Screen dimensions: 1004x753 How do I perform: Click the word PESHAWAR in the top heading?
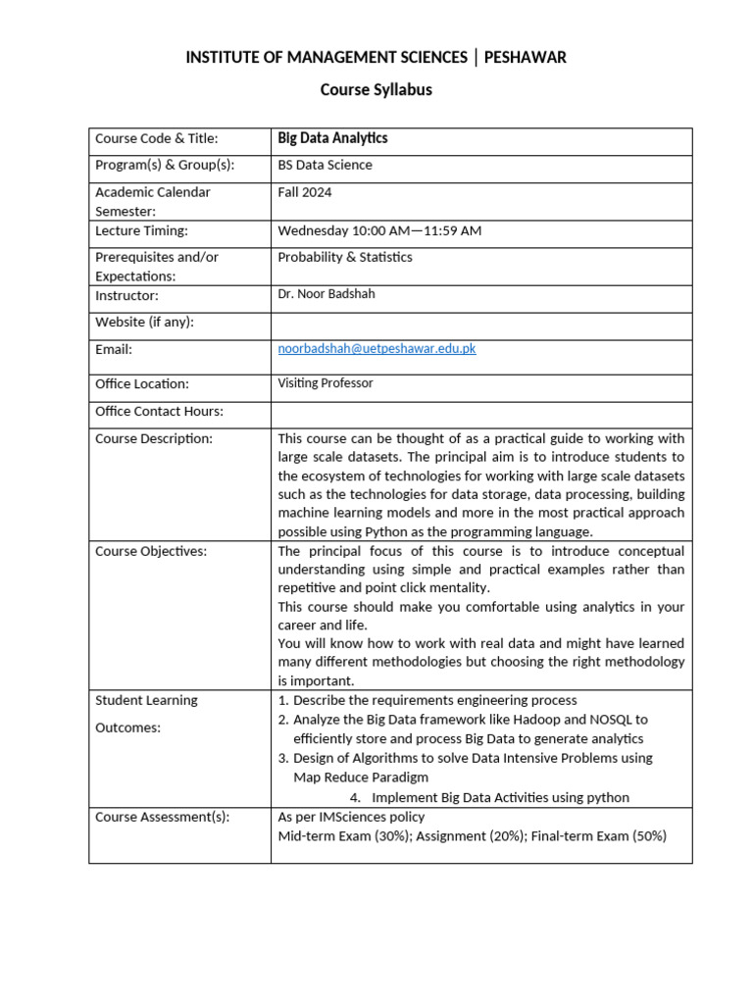click(x=526, y=58)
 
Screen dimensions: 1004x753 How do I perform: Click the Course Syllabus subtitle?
click(x=376, y=90)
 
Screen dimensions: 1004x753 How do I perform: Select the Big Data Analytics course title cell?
click(x=332, y=139)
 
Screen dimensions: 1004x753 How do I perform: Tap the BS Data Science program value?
click(x=325, y=166)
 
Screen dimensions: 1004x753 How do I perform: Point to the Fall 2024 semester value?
click(x=305, y=192)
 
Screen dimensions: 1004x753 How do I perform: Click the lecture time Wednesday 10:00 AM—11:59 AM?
click(x=379, y=231)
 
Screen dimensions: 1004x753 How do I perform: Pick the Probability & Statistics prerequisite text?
click(x=345, y=258)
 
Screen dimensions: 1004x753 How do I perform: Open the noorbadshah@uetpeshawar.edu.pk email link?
click(x=377, y=349)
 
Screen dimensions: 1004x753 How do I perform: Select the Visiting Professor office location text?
click(x=326, y=383)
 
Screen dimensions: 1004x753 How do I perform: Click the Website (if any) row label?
click(x=144, y=322)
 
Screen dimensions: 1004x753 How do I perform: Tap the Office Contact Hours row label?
click(x=159, y=411)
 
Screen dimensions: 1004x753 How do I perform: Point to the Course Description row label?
click(x=154, y=438)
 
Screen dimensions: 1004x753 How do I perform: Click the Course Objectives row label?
click(x=150, y=551)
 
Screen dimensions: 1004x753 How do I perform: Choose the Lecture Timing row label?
click(x=141, y=231)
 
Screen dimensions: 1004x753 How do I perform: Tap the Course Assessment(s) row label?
click(x=162, y=817)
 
